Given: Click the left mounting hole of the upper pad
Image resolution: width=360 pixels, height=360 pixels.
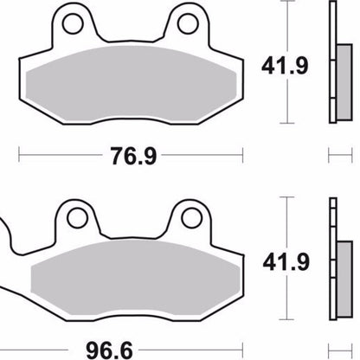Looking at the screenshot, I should (73, 21).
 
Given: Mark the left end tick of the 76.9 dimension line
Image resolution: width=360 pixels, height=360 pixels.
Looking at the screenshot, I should (19, 156).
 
